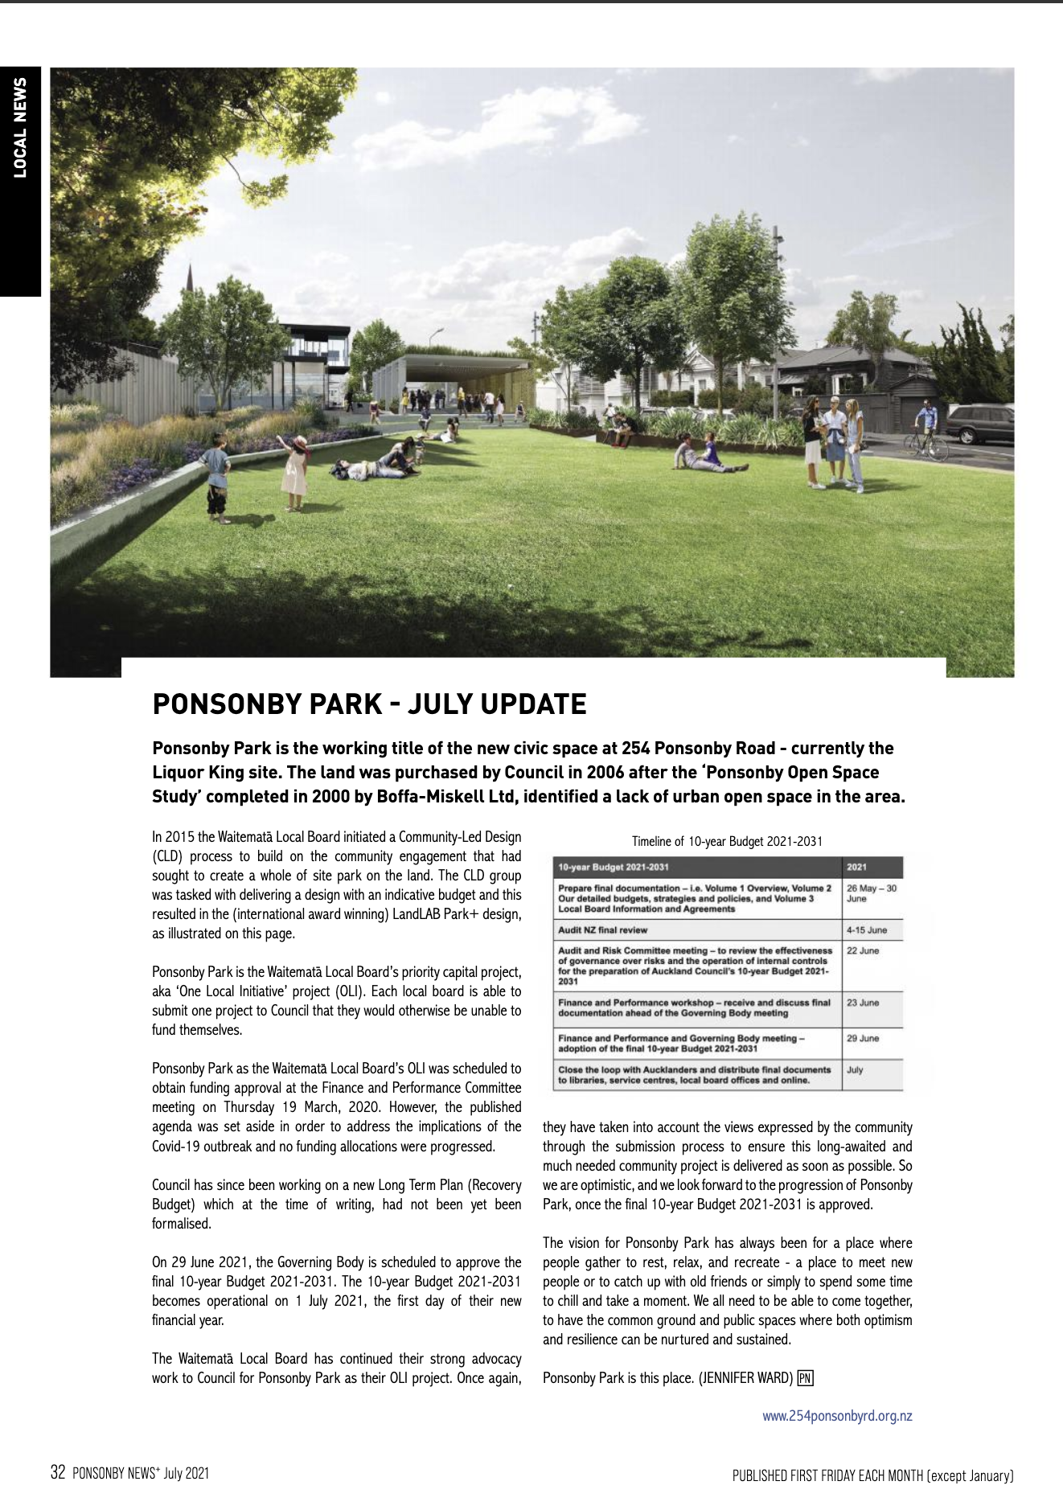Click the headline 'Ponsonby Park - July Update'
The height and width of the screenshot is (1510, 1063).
[369, 704]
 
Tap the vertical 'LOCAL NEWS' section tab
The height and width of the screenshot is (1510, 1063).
[20, 127]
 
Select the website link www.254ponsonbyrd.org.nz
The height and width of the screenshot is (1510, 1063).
[837, 1416]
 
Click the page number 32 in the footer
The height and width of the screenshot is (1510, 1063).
[57, 1473]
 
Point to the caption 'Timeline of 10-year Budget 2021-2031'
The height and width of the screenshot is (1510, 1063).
[727, 841]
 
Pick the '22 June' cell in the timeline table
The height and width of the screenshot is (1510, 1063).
[863, 950]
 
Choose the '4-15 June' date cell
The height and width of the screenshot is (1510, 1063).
[866, 930]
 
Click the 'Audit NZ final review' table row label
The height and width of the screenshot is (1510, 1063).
[602, 930]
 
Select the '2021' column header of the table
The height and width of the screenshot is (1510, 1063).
[857, 868]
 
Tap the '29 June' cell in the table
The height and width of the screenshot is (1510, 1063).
[863, 1038]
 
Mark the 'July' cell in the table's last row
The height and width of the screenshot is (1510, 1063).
[855, 1070]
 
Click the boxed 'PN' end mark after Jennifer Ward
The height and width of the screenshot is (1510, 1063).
[805, 1378]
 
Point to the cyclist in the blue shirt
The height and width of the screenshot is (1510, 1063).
[928, 425]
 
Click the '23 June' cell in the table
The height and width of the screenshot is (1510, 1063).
[863, 1003]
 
